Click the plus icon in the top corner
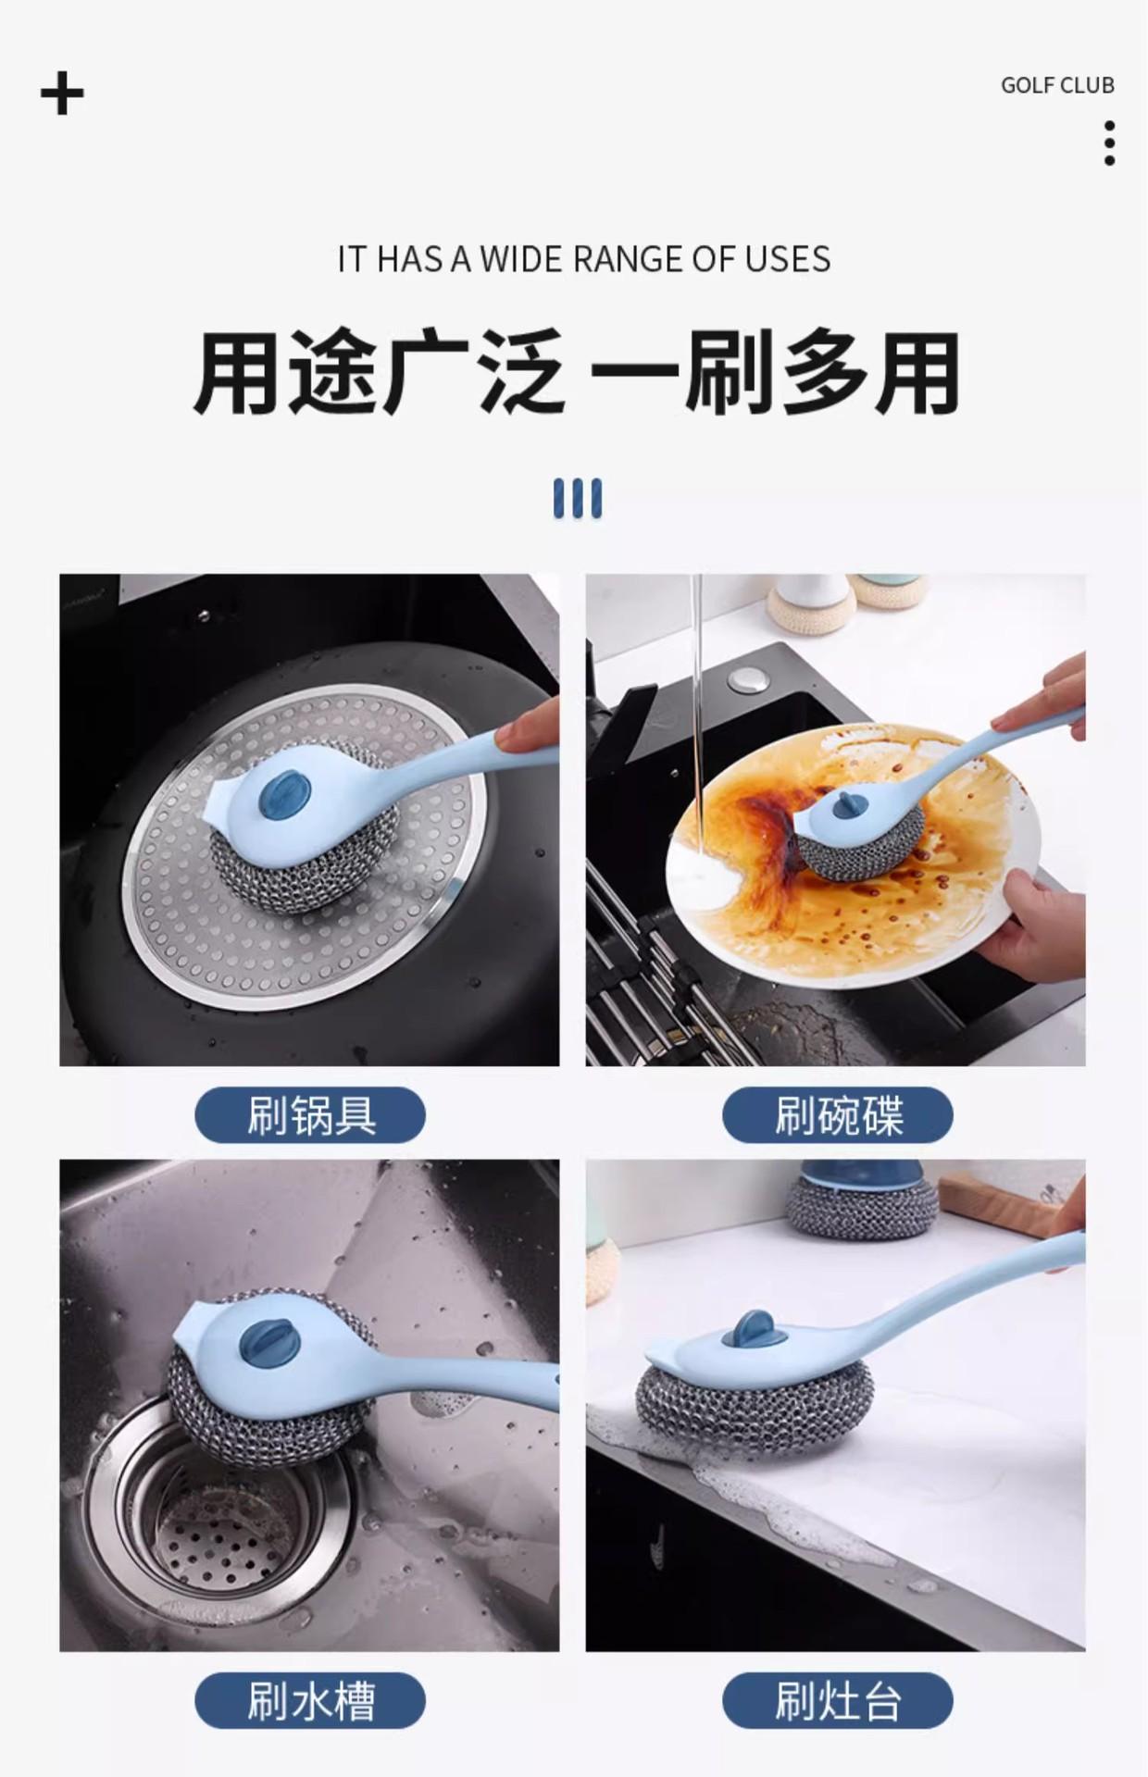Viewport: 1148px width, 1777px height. pyautogui.click(x=62, y=93)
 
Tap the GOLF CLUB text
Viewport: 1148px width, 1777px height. pyautogui.click(x=1057, y=85)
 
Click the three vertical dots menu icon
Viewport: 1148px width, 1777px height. pyautogui.click(x=1109, y=143)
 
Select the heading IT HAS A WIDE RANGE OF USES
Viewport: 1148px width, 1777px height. pyautogui.click(x=584, y=259)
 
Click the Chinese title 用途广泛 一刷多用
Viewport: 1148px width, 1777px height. pyautogui.click(x=576, y=374)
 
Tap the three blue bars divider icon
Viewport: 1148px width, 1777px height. pyautogui.click(x=578, y=498)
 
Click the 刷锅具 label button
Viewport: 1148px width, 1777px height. pyautogui.click(x=310, y=1115)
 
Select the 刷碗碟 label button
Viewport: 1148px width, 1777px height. pyautogui.click(x=838, y=1115)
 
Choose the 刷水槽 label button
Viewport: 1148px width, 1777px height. pyautogui.click(x=310, y=1700)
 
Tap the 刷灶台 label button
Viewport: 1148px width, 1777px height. pyautogui.click(x=838, y=1700)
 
